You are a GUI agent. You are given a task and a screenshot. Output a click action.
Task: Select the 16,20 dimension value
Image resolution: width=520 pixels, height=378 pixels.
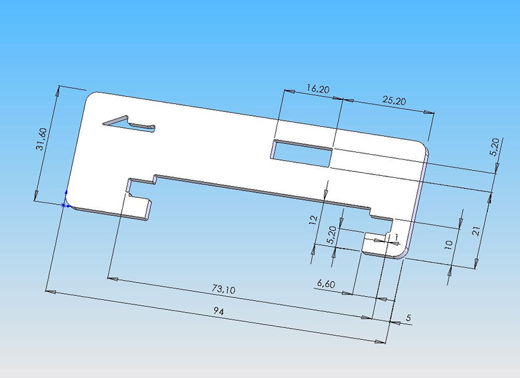pos(317,89)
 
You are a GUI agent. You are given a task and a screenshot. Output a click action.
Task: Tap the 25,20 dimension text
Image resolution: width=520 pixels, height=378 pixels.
pos(394,101)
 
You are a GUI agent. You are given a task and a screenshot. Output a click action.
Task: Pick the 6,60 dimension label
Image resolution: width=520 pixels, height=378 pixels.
pos(326,284)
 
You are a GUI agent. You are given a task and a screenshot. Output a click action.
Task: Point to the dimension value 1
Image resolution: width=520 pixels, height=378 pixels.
pos(396,237)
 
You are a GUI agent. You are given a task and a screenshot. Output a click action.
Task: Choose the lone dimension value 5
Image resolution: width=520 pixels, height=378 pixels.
pos(409,318)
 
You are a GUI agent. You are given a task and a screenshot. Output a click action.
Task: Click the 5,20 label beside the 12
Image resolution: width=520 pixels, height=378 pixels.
pos(331,234)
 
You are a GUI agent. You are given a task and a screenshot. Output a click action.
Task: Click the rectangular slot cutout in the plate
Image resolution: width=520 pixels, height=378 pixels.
pos(301,153)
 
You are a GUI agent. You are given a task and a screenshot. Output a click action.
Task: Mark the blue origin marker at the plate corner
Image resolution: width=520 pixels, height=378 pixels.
pos(65,204)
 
